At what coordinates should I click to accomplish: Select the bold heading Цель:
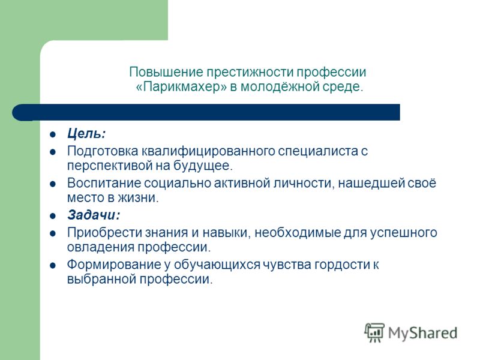pyautogui.click(x=86, y=134)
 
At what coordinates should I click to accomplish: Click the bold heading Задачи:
pyautogui.click(x=94, y=215)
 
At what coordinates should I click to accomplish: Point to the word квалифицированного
pyautogui.click(x=208, y=151)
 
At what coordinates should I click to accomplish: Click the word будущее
pyautogui.click(x=203, y=166)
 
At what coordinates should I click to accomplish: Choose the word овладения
pyautogui.click(x=101, y=247)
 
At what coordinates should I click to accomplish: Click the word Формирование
pyautogui.click(x=114, y=265)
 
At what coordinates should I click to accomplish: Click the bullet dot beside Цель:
pyautogui.click(x=53, y=134)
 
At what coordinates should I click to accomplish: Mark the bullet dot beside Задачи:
pyautogui.click(x=53, y=216)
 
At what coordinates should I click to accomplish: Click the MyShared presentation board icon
pyautogui.click(x=374, y=332)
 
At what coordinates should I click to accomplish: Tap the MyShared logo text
pyautogui.click(x=423, y=333)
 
